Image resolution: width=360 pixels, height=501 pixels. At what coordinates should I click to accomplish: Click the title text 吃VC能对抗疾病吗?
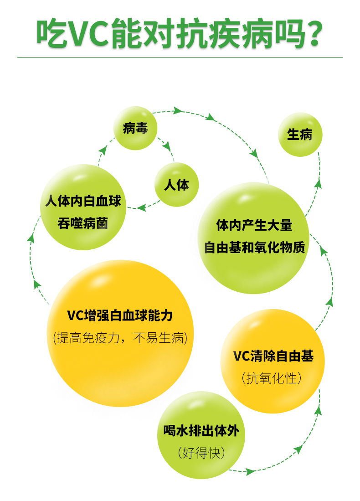click(180, 33)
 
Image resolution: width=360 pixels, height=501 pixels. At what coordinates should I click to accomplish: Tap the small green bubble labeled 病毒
click(135, 129)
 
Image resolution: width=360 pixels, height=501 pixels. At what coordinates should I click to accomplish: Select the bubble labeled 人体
click(176, 185)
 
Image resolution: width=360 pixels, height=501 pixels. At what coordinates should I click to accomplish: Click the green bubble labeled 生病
click(300, 135)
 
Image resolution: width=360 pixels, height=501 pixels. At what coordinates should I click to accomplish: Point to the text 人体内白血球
click(83, 201)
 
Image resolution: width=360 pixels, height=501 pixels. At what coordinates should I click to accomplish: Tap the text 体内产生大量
click(254, 225)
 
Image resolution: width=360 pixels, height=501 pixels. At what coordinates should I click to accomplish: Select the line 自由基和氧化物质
click(254, 248)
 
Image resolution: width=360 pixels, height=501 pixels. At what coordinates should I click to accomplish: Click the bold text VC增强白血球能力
click(120, 315)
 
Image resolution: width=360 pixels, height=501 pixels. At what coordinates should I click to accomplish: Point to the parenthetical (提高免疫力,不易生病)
click(120, 338)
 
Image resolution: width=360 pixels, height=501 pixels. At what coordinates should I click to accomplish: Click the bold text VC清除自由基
click(273, 356)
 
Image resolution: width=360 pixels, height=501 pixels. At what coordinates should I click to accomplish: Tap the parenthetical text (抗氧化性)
click(272, 378)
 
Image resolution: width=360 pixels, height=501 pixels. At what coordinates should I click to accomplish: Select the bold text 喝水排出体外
click(201, 431)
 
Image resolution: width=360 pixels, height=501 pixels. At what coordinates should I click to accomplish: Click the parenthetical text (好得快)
click(201, 453)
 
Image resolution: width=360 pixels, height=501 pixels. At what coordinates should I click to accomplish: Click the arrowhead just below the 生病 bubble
click(318, 183)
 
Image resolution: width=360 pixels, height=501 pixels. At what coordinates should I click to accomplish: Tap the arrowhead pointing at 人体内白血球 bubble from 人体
click(142, 207)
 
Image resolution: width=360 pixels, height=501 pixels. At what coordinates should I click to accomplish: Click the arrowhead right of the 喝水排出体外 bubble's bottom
click(250, 471)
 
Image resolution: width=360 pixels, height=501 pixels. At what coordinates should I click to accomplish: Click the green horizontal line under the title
click(180, 58)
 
